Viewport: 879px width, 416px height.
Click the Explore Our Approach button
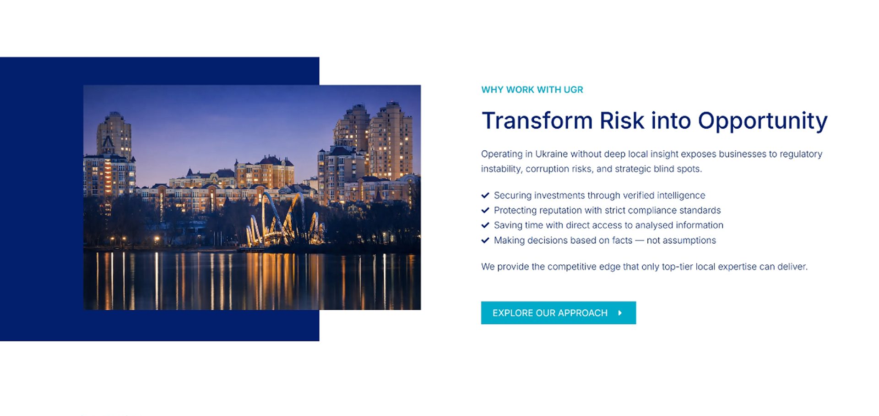point(558,313)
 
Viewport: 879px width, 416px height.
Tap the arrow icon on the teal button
point(620,313)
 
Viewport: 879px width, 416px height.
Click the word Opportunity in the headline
point(763,121)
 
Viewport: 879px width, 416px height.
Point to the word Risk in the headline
point(622,120)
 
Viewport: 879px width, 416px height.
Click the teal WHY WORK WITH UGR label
point(532,90)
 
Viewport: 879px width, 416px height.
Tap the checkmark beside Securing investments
point(485,195)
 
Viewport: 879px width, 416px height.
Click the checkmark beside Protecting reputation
point(485,210)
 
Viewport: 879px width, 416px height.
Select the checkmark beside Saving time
point(485,225)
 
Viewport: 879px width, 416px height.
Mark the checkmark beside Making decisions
point(485,240)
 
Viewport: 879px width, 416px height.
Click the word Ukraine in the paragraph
point(552,154)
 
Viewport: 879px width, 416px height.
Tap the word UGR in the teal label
point(573,90)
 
